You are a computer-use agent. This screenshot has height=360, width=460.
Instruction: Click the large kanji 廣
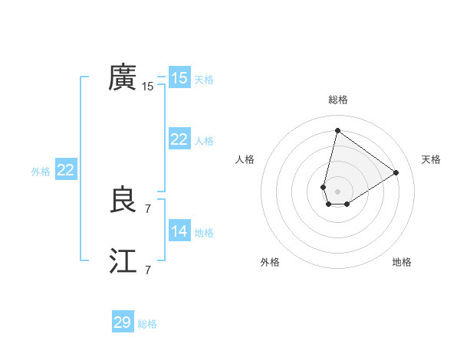(x=123, y=77)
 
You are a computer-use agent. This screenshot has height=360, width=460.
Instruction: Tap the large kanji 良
(x=123, y=201)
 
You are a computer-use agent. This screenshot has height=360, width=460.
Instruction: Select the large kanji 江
(x=123, y=262)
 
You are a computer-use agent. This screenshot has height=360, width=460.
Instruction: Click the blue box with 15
(x=179, y=78)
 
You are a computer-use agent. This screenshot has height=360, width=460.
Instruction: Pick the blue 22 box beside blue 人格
(x=179, y=139)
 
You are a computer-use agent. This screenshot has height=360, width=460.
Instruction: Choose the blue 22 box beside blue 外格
(x=65, y=170)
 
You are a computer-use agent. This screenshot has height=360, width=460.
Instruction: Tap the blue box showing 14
(x=179, y=231)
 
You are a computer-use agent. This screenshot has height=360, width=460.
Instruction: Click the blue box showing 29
(x=123, y=322)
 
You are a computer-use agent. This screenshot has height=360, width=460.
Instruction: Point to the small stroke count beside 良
(x=148, y=208)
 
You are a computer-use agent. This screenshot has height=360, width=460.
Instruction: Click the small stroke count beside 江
(x=148, y=270)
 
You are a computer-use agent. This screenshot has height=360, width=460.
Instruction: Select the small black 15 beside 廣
(x=148, y=87)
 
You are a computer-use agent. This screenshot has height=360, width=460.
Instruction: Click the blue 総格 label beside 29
(x=147, y=324)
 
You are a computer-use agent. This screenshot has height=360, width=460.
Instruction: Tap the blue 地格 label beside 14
(x=204, y=233)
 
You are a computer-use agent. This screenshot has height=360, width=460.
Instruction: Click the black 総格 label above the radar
(x=337, y=100)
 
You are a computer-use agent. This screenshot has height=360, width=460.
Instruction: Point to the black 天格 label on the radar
(x=431, y=159)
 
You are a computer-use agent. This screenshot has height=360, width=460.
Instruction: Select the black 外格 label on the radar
(x=270, y=262)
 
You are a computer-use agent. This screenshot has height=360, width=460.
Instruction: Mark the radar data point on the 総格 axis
(x=337, y=131)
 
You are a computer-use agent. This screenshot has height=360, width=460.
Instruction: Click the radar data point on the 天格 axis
(x=396, y=172)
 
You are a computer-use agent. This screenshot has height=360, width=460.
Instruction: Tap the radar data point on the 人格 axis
(x=324, y=187)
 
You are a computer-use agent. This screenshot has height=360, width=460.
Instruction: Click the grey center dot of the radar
(x=337, y=191)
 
